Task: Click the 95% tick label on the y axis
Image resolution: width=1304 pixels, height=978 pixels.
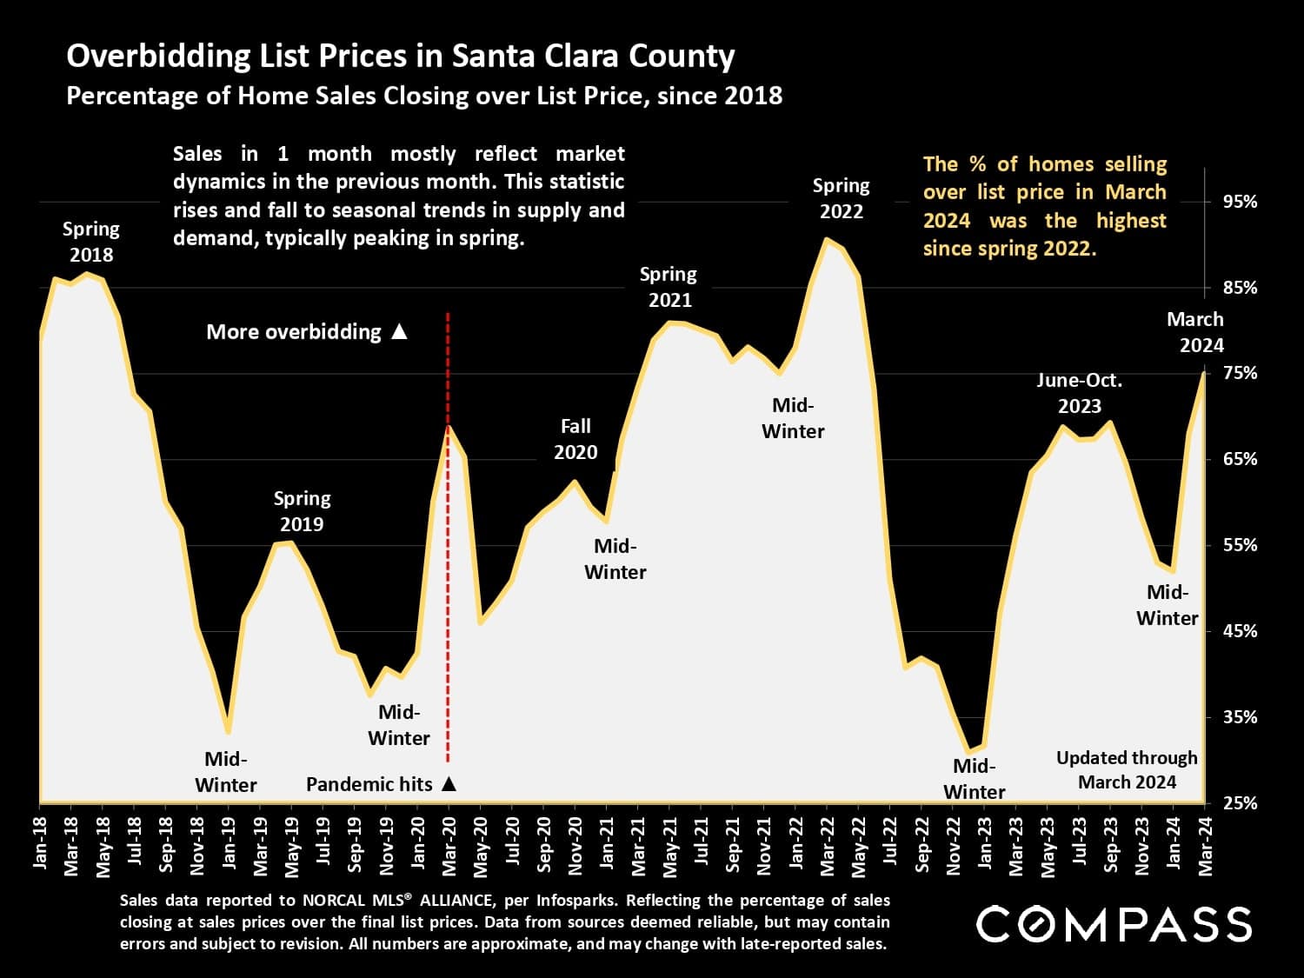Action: pyautogui.click(x=1240, y=202)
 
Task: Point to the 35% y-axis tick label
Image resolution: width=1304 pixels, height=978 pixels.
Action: pyautogui.click(x=1240, y=717)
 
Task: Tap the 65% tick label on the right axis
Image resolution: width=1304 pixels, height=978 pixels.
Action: pyautogui.click(x=1240, y=459)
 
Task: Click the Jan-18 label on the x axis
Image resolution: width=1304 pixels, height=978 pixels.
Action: pyautogui.click(x=40, y=842)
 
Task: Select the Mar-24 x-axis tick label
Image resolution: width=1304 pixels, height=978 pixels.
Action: pyautogui.click(x=1205, y=842)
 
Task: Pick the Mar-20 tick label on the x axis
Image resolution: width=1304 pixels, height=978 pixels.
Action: pyautogui.click(x=449, y=842)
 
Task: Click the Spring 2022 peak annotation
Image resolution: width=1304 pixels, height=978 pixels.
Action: pyautogui.click(x=841, y=198)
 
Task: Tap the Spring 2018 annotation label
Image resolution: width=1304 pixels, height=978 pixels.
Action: pyautogui.click(x=91, y=242)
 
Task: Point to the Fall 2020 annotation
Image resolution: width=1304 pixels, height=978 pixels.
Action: pyautogui.click(x=575, y=439)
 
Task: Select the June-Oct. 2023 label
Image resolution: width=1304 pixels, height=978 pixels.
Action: pyautogui.click(x=1080, y=393)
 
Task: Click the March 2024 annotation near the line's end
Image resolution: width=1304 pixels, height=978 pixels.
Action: pyautogui.click(x=1195, y=332)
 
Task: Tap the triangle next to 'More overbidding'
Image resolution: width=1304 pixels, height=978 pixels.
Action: pyautogui.click(x=399, y=331)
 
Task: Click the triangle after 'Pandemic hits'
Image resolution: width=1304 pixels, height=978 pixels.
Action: pyautogui.click(x=449, y=784)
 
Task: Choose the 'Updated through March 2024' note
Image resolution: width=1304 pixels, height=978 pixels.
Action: pyautogui.click(x=1127, y=769)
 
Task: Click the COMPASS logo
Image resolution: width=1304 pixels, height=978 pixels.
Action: pyautogui.click(x=1114, y=924)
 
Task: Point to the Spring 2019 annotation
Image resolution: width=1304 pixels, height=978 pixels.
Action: pyautogui.click(x=302, y=511)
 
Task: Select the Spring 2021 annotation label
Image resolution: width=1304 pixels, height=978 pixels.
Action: pyautogui.click(x=669, y=287)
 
